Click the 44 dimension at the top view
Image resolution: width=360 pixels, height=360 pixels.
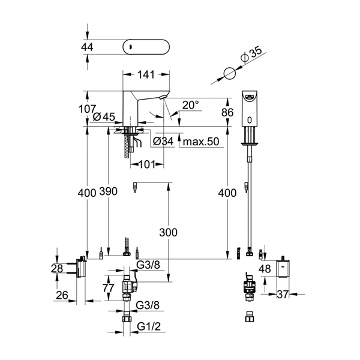tap(87, 47)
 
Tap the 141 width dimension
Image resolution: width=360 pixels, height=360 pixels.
tap(146, 74)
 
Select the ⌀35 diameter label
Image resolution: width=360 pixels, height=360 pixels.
tap(251, 55)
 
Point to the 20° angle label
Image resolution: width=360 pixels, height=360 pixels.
tap(191, 105)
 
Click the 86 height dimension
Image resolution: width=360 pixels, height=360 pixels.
tap(227, 113)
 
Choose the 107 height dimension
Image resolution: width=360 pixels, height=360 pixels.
tap(87, 109)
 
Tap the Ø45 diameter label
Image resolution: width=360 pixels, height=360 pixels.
tap(104, 117)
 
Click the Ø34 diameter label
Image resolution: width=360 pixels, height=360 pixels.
tap(163, 142)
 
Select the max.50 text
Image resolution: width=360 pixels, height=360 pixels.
tap(201, 142)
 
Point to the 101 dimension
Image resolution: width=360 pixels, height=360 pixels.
tap(148, 164)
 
